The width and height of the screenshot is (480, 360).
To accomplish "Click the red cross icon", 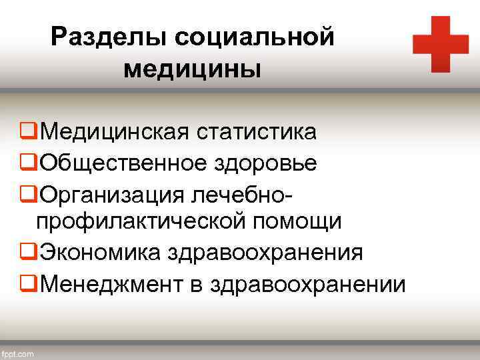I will coord(441,44).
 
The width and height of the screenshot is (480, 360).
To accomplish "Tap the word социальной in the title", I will coord(253,37).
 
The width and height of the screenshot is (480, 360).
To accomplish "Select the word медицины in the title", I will coord(192,68).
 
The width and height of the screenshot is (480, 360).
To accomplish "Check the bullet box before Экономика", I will coord(29,253).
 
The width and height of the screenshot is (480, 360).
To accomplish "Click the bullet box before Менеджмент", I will coord(29,284).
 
